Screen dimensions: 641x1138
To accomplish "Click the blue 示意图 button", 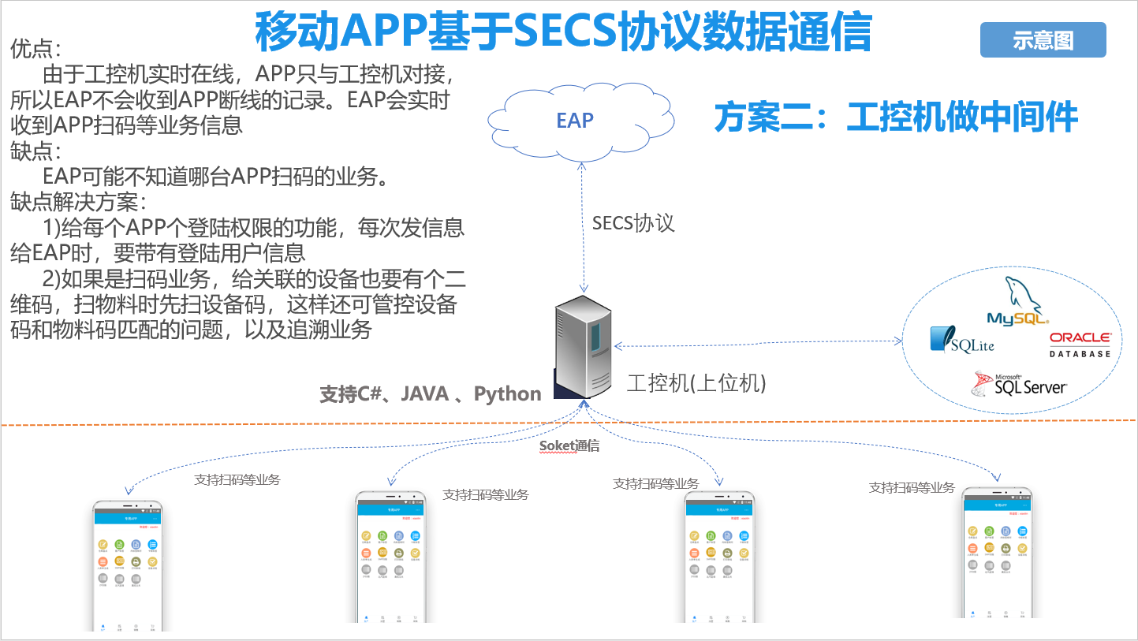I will click(1043, 40).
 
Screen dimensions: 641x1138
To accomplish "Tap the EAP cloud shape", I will click(575, 120).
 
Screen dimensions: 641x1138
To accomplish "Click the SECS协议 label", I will click(633, 222).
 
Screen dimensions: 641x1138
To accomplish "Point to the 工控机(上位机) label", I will click(696, 383).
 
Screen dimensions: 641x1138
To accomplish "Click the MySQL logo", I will click(1018, 304).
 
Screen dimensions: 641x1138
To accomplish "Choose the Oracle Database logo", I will click(1080, 345).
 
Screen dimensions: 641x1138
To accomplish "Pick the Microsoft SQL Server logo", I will click(1020, 384).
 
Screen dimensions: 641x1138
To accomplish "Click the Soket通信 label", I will click(569, 446).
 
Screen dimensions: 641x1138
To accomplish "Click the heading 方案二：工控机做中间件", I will click(896, 117).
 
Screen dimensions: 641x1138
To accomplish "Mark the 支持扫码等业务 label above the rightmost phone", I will click(912, 487).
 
